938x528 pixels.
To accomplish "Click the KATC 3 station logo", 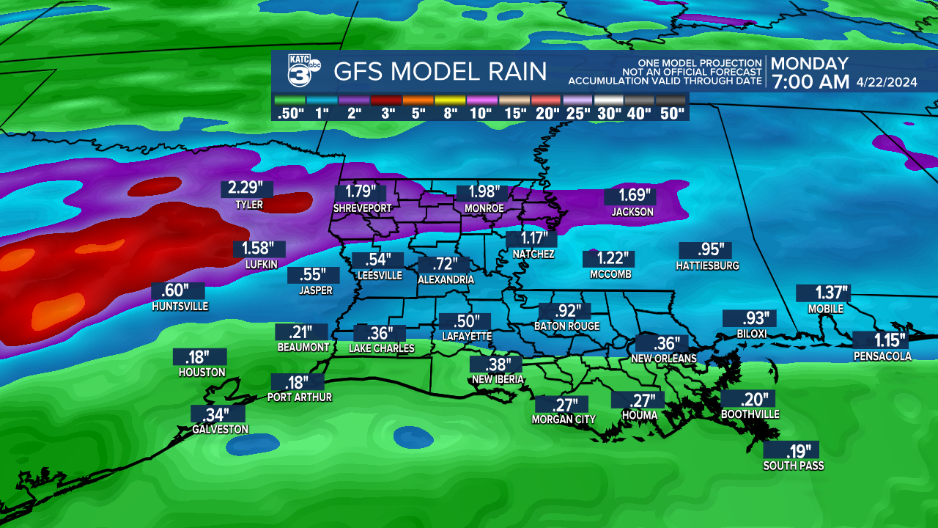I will pos(300,71).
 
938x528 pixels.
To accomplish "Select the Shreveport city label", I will pos(362,208).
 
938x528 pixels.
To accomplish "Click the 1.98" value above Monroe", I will pos(482,192).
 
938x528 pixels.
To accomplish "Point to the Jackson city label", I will pos(632,212).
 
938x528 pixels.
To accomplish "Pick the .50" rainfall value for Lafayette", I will pos(465,321).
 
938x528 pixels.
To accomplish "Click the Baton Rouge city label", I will pos(566,326).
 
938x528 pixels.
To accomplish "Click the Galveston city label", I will pos(220,429).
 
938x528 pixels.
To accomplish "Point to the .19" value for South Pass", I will pos(790,450).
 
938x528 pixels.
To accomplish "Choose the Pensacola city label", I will pos(882,356).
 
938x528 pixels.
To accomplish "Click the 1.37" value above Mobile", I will pos(823,293).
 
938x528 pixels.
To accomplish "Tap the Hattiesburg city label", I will pos(707,265).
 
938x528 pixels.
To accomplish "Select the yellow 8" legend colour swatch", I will pos(451,100).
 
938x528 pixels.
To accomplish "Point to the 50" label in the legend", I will pos(671,114).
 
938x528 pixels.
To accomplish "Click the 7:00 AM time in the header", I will pos(810,82).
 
